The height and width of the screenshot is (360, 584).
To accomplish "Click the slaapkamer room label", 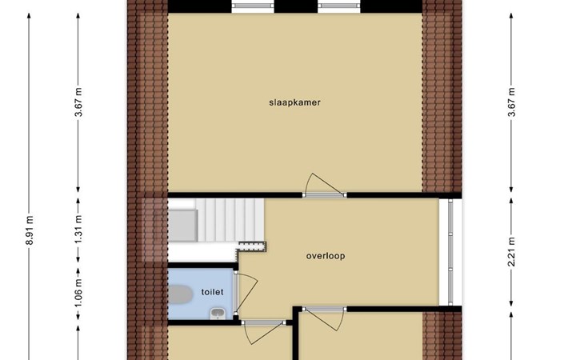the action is click(294, 102).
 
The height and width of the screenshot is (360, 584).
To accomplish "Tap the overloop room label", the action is click(326, 256).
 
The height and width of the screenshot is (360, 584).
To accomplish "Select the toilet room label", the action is click(212, 292).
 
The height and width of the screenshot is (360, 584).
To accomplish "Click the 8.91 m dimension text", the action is click(30, 230).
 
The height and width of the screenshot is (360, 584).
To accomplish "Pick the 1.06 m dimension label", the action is click(78, 294).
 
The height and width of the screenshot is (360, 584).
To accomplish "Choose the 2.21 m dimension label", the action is click(511, 252).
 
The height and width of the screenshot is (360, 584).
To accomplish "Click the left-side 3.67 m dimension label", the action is click(78, 102).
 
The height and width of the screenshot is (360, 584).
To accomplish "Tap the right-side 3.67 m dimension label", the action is click(511, 102).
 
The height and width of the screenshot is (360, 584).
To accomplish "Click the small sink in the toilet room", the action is click(217, 314).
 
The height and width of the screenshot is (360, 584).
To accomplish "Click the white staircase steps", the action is click(230, 220).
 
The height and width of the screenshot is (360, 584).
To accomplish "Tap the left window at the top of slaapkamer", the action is click(253, 6).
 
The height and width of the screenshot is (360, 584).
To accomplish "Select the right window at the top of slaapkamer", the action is click(339, 6).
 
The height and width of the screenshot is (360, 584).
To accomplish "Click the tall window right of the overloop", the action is click(450, 252).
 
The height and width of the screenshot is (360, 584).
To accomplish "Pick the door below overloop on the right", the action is click(325, 318).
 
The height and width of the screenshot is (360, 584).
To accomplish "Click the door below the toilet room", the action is click(264, 331).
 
